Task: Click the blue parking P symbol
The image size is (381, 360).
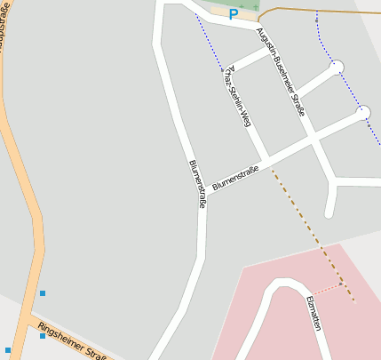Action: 234,13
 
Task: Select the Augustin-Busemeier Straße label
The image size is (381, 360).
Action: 281,72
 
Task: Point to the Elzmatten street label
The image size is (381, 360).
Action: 313,314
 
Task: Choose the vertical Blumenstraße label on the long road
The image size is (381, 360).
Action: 197,184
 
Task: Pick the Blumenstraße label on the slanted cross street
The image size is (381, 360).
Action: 235,172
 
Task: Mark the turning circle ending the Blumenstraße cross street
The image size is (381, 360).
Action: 363,113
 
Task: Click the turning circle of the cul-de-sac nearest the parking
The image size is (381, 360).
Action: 337,67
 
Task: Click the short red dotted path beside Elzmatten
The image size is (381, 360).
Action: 329,288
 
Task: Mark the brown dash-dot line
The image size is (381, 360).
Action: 311,230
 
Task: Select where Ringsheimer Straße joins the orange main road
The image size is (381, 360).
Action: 33,316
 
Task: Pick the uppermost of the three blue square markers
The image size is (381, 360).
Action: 42,292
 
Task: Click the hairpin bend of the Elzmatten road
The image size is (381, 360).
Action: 282,285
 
